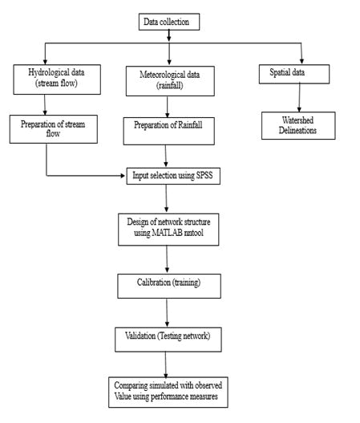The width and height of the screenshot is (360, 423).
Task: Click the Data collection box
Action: tap(169, 22)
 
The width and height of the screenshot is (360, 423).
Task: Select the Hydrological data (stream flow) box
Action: tap(57, 79)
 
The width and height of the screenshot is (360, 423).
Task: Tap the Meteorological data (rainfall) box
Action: tap(170, 81)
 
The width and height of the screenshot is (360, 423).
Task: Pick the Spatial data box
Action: tap(294, 74)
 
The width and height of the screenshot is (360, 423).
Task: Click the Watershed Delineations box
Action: tap(298, 126)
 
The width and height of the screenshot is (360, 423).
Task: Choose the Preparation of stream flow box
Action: tap(54, 129)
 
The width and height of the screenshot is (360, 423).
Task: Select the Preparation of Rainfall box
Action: tap(169, 131)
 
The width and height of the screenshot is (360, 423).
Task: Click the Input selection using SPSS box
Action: tap(173, 176)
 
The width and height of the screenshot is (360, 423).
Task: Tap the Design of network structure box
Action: tap(168, 230)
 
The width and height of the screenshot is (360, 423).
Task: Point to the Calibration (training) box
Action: tap(169, 287)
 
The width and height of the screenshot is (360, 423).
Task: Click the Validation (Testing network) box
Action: tap(168, 340)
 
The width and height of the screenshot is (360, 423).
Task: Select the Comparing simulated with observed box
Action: tap(168, 392)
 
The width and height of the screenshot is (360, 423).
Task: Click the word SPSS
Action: tap(204, 175)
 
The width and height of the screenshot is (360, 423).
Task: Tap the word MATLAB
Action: tap(167, 233)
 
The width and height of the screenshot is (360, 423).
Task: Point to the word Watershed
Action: tap(297, 120)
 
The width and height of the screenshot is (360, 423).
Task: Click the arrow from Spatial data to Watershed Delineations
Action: tap(299, 98)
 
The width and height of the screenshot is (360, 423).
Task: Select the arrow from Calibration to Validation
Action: tap(167, 313)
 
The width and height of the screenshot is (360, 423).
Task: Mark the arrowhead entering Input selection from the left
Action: tap(123, 176)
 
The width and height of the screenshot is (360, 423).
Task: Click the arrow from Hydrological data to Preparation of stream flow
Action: tap(45, 105)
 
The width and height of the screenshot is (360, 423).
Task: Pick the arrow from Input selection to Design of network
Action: tap(166, 199)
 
